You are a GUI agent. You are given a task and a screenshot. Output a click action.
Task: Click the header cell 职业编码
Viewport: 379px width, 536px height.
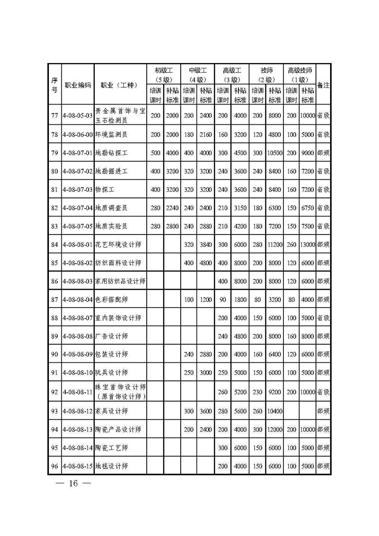pyautogui.click(x=78, y=86)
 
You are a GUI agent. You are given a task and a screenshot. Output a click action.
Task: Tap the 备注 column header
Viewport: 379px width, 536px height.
pyautogui.click(x=323, y=86)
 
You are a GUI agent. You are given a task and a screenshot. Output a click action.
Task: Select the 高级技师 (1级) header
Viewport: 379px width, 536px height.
pyautogui.click(x=300, y=74)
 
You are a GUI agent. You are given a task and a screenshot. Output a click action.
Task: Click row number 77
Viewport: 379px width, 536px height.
pyautogui.click(x=55, y=115)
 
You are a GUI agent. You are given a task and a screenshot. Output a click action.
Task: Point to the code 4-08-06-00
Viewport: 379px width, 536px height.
pyautogui.click(x=78, y=134)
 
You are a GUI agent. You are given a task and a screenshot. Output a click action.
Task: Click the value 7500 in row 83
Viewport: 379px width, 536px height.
pyautogui.click(x=308, y=226)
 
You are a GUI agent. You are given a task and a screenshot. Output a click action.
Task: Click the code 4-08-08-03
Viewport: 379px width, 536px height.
pyautogui.click(x=78, y=281)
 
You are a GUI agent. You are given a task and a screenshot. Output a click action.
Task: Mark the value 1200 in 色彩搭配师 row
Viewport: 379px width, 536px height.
pyautogui.click(x=206, y=299)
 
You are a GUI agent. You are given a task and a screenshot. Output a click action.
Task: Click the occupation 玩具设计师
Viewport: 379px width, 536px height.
pyautogui.click(x=111, y=373)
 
